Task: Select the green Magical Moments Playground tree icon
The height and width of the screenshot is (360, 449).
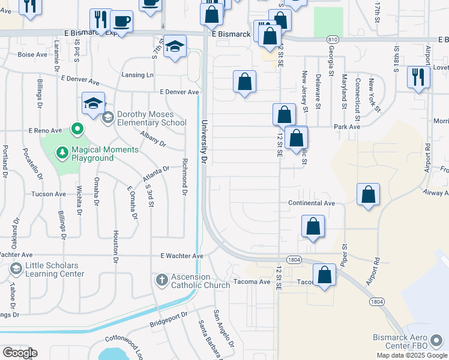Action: tap(62, 153)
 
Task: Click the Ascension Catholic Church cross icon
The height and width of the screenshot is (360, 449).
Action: tap(161, 280)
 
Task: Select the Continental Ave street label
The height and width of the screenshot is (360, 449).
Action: tap(311, 203)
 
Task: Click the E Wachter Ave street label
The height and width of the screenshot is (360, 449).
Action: tap(182, 256)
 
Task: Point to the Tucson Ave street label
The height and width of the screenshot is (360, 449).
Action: tap(49, 194)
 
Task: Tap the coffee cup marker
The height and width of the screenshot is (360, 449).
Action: tap(122, 22)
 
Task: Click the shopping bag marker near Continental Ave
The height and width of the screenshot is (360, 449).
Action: tap(368, 195)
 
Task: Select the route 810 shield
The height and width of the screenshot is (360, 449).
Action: tap(333, 40)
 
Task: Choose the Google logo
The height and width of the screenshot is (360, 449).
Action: tap(19, 353)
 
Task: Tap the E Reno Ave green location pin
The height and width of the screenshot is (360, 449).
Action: tap(77, 128)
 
